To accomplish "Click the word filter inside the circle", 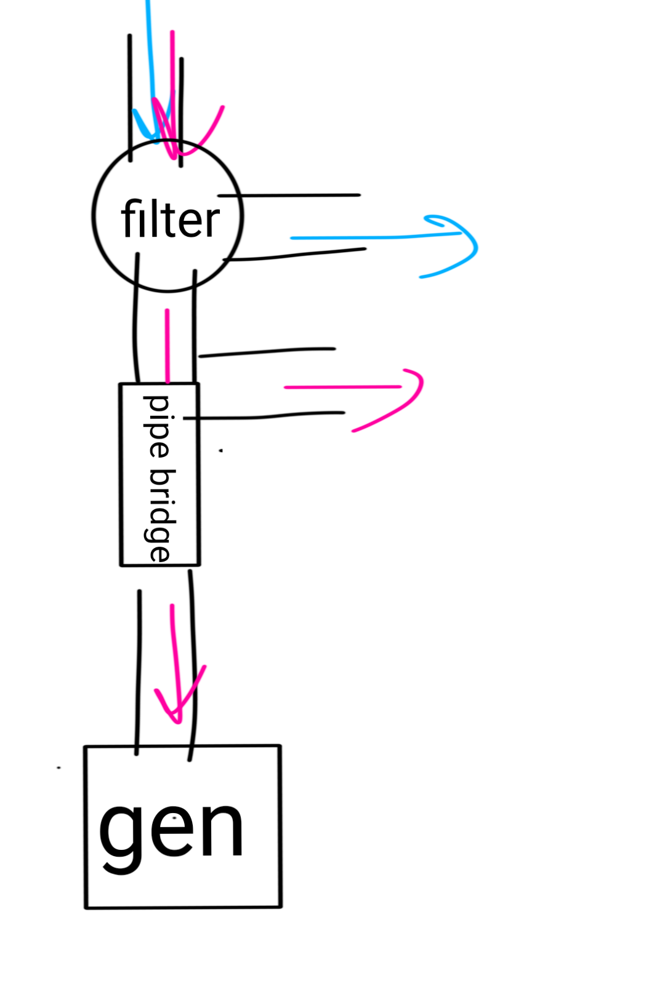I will point(170,219).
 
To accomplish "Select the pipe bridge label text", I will point(159,478).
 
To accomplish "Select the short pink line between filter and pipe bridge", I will point(167,344).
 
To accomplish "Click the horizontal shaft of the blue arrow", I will point(369,237).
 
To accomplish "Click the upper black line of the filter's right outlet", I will point(289,196).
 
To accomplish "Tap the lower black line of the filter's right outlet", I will point(296,255).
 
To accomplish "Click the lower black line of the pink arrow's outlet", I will point(265,417).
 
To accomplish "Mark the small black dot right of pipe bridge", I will point(221,451).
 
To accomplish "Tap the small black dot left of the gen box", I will point(59,768).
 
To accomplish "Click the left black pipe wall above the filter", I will point(130,98).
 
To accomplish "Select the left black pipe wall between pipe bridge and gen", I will point(139,670).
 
